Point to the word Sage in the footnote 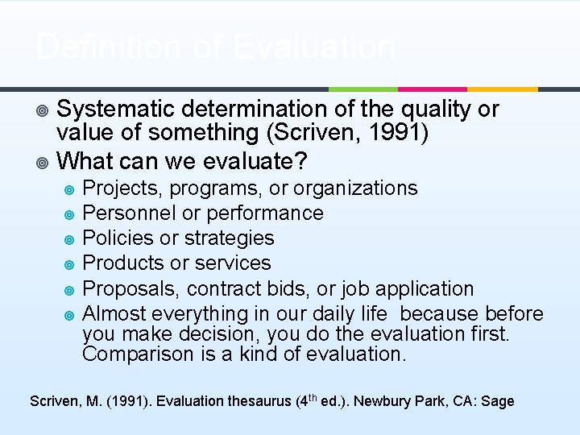click(x=498, y=401)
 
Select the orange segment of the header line click(x=503, y=89)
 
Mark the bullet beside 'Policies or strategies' click(x=69, y=239)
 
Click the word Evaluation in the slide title click(x=313, y=47)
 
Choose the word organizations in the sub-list click(x=355, y=188)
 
